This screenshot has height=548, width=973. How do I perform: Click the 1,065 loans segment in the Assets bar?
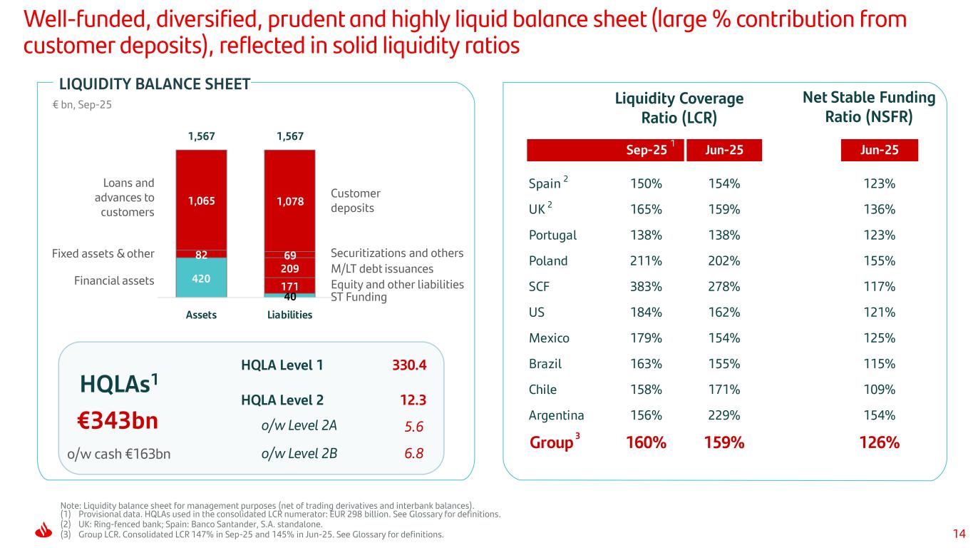pyautogui.click(x=201, y=201)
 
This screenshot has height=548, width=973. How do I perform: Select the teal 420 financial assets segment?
pyautogui.click(x=201, y=279)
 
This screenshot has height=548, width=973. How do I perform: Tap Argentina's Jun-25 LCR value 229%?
pyautogui.click(x=724, y=415)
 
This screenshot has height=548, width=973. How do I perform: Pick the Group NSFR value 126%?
pyautogui.click(x=880, y=442)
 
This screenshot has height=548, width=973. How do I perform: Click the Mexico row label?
pyautogui.click(x=549, y=338)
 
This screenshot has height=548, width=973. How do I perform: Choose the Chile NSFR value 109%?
pyautogui.click(x=880, y=390)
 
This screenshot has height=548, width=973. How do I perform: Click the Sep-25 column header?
pyautogui.click(x=647, y=150)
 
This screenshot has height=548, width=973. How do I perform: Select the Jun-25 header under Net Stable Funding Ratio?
pyautogui.click(x=880, y=150)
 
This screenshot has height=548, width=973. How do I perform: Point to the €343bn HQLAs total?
pyautogui.click(x=118, y=421)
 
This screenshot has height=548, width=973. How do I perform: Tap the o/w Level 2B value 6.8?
pyautogui.click(x=413, y=453)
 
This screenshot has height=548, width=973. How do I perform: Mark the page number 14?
pyautogui.click(x=959, y=533)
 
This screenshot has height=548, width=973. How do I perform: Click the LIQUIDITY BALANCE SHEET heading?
pyautogui.click(x=154, y=85)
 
